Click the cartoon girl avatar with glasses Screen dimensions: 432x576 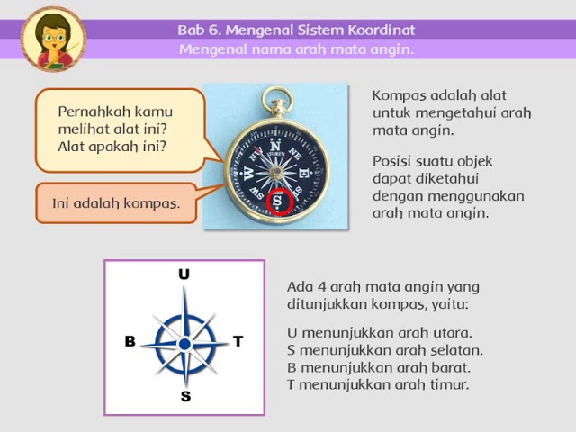[53, 39]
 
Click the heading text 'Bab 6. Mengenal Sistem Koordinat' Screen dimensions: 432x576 [296, 30]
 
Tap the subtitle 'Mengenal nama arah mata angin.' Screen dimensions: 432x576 [296, 49]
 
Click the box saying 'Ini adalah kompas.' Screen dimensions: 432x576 [116, 202]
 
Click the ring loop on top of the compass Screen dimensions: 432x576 [276, 101]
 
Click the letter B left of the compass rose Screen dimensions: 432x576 [130, 342]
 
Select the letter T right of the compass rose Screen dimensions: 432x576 [238, 341]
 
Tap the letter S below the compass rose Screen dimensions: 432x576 [185, 396]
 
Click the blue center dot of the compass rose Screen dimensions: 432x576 [184, 343]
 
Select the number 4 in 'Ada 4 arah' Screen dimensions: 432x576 [319, 287]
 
